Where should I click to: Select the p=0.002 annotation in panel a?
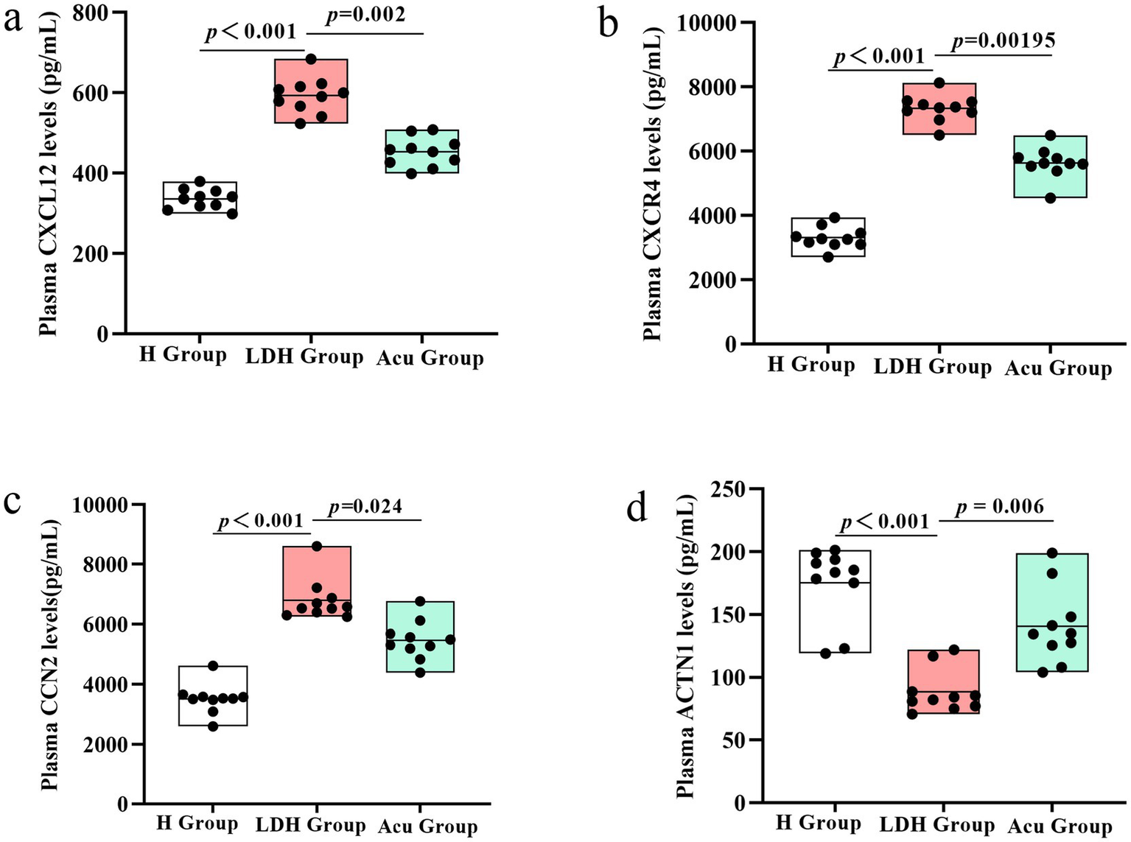365,15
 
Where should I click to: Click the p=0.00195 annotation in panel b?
1003,41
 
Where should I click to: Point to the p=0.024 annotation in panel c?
365,507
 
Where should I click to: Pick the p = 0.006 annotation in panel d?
1000,507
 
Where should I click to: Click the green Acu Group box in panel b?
1051,167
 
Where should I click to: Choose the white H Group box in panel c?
213,696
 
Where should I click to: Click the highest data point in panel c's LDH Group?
317,547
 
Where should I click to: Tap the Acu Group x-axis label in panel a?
430,359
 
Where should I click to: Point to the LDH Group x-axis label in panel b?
933,367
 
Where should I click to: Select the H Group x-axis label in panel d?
818,823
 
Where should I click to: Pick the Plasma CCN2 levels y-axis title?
50,654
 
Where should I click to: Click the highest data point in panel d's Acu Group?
1052,553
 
